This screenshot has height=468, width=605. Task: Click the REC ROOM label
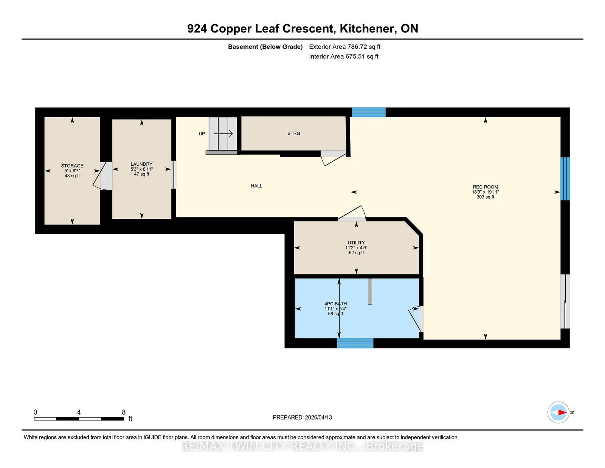(485, 187)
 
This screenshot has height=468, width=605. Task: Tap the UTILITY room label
(356, 243)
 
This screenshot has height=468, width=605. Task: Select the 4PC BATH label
(335, 304)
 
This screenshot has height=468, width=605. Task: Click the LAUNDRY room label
(141, 164)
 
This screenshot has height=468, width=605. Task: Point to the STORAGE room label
(72, 166)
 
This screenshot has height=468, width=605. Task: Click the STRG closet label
(294, 134)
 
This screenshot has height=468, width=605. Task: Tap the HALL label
(256, 186)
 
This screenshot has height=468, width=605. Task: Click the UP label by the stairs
(202, 134)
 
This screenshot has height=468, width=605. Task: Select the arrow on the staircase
(223, 134)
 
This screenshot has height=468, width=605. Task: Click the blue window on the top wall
(369, 112)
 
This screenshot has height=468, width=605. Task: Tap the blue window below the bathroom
(355, 343)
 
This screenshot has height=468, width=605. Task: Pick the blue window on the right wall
(565, 179)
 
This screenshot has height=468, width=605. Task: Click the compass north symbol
(558, 412)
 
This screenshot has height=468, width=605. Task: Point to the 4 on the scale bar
(79, 412)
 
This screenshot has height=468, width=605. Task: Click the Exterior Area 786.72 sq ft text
(344, 47)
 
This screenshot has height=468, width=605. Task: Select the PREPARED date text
(302, 417)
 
